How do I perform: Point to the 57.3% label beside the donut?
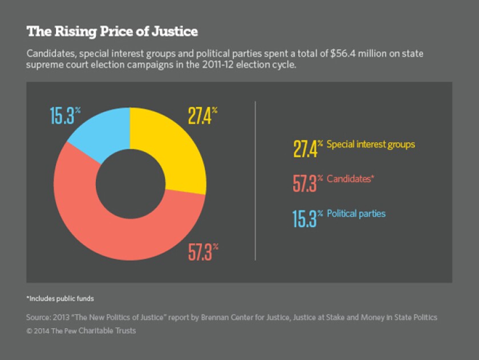203,252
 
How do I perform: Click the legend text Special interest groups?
371,144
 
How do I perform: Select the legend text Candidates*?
350,179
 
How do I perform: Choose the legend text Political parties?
356,214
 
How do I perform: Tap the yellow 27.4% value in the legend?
307,148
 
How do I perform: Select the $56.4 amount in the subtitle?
340,54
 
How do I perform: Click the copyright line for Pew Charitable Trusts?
82,330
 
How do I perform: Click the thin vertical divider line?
255,180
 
